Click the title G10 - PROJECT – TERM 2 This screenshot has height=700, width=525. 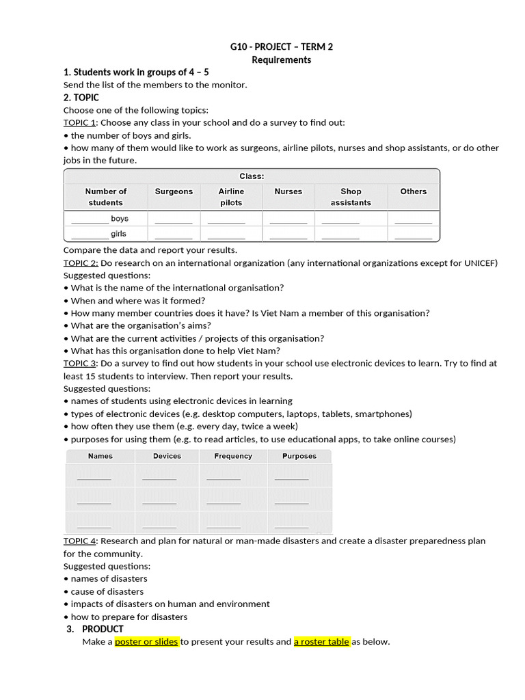282,46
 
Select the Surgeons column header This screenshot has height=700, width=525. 174,191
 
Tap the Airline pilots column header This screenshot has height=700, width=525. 231,197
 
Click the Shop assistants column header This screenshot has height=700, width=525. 350,197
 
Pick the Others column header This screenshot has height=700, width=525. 413,191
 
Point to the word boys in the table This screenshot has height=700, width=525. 120,219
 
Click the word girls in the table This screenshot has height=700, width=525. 119,234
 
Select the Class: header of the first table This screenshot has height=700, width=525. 252,176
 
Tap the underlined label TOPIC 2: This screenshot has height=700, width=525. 81,263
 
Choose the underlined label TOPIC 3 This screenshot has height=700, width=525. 80,364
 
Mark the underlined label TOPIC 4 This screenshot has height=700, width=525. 80,541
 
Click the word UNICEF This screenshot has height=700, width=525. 481,263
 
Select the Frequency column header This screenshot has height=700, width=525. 233,456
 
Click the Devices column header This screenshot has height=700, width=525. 167,456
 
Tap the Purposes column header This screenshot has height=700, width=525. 299,456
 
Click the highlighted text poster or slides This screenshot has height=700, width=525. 146,642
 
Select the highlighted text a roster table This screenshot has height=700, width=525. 321,642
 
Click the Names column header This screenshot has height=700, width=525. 100,456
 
